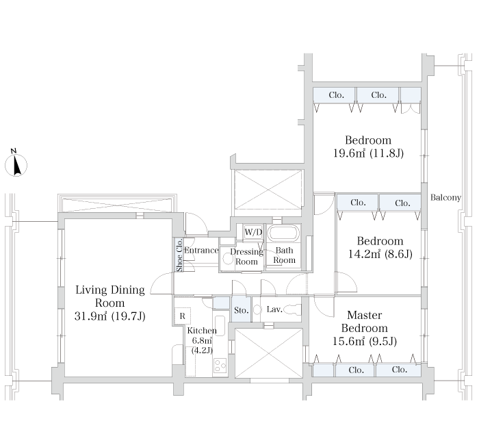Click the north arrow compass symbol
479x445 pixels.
16,164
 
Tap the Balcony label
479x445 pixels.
445,198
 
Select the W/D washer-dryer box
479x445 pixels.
254,233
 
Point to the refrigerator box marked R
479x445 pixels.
183,316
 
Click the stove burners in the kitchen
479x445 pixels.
220,365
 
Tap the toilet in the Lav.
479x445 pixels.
292,309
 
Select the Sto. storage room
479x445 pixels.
242,309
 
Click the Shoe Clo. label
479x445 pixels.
179,255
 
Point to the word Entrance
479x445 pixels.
201,251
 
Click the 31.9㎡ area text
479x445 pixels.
91,316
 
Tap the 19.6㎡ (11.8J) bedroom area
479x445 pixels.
368,153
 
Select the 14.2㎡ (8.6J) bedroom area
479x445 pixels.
380,254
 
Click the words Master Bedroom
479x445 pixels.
365,322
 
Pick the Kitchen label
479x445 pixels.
202,331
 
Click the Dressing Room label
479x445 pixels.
246,257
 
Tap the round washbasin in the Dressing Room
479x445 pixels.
228,259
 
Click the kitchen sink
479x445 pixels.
220,325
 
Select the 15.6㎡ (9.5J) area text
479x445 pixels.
365,341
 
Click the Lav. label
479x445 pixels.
274,309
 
